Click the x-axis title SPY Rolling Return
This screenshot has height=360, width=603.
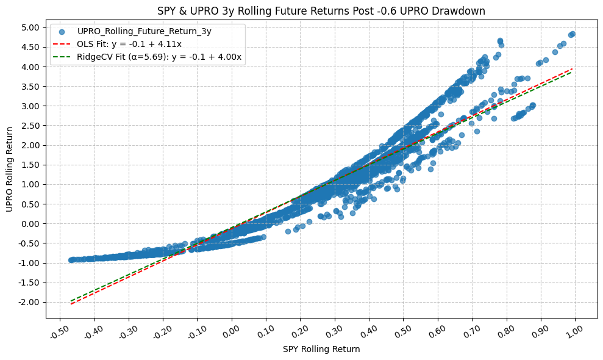coord(321,350)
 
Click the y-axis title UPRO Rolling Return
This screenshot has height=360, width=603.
coord(9,170)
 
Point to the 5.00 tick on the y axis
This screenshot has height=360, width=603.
coord(31,27)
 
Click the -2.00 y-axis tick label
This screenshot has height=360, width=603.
coord(30,302)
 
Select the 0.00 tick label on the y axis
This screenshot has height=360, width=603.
coord(31,224)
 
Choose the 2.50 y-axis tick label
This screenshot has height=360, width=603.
coord(31,126)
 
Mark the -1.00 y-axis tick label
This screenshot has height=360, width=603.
coord(30,263)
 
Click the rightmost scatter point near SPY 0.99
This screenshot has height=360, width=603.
coord(572,34)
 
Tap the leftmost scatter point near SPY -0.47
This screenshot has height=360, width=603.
coord(71,260)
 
